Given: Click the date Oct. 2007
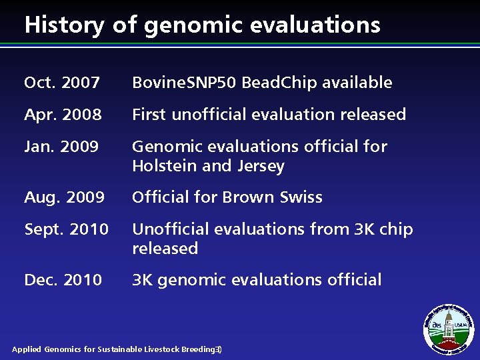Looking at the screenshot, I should [62, 83].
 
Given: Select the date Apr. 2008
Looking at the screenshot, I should [63, 115].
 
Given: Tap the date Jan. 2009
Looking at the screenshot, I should [61, 147].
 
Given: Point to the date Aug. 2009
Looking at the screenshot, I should [64, 197].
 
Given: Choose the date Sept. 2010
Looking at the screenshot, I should [66, 229].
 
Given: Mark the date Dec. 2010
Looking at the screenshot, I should [63, 280].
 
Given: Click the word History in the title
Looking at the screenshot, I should [63, 25].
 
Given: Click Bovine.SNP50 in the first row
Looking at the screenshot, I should [185, 83].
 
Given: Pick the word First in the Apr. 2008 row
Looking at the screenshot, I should [150, 115].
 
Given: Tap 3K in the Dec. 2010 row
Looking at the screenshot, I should [142, 280].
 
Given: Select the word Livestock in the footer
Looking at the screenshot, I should [161, 349].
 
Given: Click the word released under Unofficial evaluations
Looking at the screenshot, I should [165, 249].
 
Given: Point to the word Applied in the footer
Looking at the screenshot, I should [27, 349].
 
